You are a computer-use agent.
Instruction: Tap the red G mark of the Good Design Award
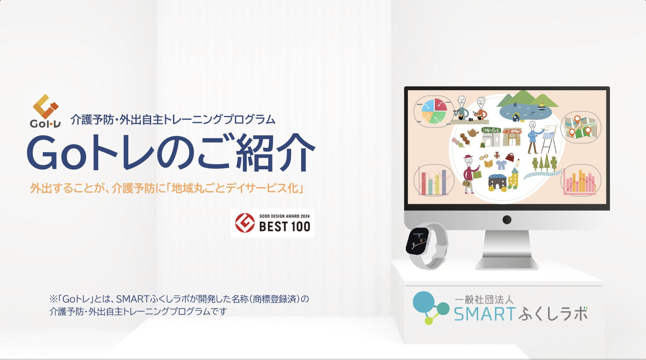[x=245, y=223]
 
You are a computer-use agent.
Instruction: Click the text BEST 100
[x=284, y=227]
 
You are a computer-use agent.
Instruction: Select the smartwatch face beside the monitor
[x=418, y=241]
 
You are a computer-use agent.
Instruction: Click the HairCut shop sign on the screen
[x=491, y=130]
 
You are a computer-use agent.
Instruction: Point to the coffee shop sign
[x=515, y=131]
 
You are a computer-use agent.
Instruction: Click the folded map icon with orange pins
[x=580, y=128]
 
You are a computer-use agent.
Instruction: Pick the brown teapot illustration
[x=472, y=132]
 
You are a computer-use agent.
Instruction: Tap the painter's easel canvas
[x=550, y=133]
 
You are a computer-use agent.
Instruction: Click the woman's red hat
[x=468, y=157]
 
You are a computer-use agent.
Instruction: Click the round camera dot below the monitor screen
[x=507, y=220]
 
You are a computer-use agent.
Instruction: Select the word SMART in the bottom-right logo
[x=484, y=313]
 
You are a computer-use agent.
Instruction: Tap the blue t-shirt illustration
[x=500, y=164]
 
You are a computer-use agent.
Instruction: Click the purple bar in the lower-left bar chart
[x=444, y=182]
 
